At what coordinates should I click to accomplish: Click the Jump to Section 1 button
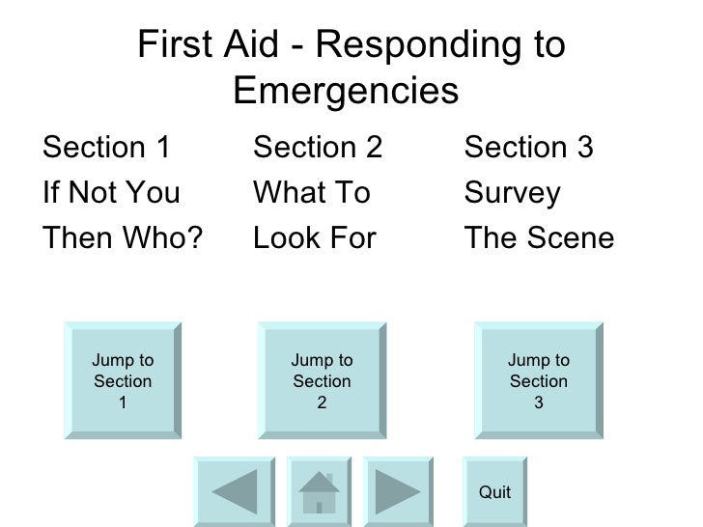pos(123,381)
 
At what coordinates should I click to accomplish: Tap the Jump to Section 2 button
pos(322,381)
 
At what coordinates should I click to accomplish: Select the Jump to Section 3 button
pos(538,381)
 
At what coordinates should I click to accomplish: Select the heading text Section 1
pos(107,149)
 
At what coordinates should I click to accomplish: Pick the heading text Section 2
pos(318,149)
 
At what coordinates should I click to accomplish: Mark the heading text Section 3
pos(528,149)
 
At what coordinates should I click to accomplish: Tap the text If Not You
pos(111,193)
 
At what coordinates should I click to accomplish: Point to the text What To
pos(311,193)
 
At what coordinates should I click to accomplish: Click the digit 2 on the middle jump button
pos(322,403)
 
